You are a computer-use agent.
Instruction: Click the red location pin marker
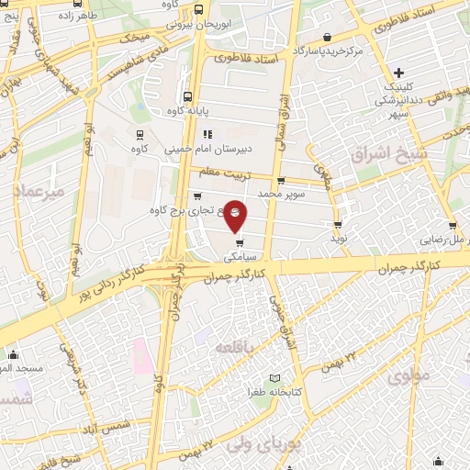tap(236, 215)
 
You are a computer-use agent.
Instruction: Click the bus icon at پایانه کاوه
tap(188, 96)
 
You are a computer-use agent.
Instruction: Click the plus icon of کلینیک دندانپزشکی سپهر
tap(397, 73)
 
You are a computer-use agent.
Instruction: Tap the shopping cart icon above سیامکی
tap(240, 243)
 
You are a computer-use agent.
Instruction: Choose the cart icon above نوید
tap(338, 223)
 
